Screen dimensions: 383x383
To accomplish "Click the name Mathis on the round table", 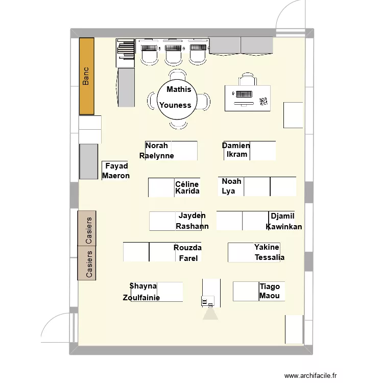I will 179,89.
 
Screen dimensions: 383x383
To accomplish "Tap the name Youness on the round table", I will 175,105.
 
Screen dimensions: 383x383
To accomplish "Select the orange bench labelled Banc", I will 86,76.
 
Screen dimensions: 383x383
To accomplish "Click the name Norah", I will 156,146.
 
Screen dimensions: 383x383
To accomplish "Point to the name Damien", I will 236,146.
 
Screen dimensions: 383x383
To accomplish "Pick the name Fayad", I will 116,166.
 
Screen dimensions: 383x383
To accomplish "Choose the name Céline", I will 187,184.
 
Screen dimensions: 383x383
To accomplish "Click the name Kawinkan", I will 284,227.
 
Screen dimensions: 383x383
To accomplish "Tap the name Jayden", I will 192,216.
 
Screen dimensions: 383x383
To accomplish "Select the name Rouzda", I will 187,248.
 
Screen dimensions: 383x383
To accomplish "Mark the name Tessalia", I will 270,257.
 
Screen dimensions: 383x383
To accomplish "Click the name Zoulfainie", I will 141,298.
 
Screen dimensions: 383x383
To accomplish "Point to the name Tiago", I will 270,286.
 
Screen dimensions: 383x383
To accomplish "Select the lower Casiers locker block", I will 87,263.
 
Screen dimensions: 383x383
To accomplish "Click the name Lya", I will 228,191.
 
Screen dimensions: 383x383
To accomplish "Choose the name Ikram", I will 237,154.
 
